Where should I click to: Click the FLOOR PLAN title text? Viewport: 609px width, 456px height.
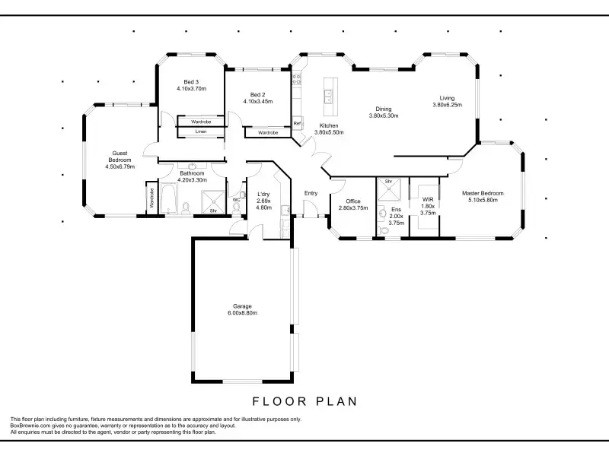[304, 401]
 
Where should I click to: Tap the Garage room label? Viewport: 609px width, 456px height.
[242, 306]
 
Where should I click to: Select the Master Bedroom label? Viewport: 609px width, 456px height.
[483, 193]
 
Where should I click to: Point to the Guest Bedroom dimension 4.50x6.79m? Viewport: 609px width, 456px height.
[120, 166]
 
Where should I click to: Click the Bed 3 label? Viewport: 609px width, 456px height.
[191, 82]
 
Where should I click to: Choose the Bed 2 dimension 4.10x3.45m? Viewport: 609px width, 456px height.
[258, 102]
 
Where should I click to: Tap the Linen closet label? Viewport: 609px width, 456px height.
[201, 131]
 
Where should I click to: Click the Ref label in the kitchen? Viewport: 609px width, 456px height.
[297, 123]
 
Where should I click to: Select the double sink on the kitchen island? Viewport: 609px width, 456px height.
[328, 97]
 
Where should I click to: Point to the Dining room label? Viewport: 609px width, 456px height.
[384, 109]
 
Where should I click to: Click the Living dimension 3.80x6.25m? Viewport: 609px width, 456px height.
[448, 105]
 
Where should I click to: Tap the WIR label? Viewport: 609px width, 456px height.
[428, 200]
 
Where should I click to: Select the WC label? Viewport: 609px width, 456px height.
[237, 200]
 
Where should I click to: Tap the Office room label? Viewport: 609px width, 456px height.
[353, 201]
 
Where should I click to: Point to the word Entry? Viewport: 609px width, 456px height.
[311, 193]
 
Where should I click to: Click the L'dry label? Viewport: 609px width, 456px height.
[263, 195]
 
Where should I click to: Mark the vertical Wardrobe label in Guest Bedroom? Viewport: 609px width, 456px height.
[151, 198]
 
